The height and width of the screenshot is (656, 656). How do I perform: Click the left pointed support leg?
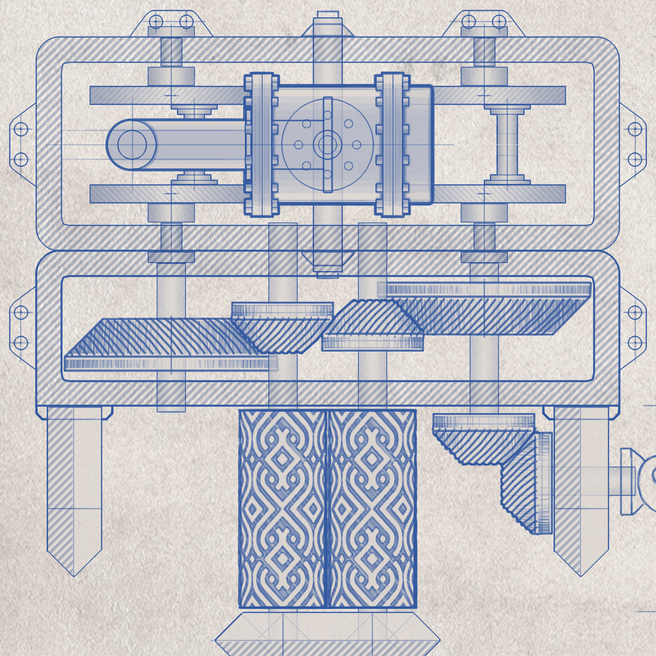[x=74, y=487]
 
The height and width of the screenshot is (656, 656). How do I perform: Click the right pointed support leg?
[x=581, y=487]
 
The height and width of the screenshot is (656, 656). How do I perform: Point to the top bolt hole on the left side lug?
[x=21, y=129]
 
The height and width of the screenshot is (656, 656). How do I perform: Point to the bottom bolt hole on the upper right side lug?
[x=635, y=160]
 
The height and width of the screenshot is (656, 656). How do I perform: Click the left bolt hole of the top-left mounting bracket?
[x=157, y=21]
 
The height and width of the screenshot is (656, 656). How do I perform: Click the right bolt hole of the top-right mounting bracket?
[x=499, y=21]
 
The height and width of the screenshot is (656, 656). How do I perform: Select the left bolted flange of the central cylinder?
[x=261, y=144]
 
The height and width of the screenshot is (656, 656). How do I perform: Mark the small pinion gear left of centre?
[x=282, y=327]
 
